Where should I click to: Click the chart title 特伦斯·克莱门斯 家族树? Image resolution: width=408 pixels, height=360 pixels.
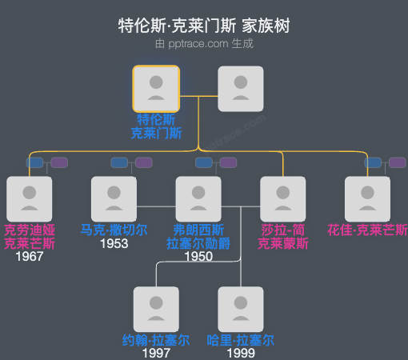204,26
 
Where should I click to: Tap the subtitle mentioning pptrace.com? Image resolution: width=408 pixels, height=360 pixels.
204,44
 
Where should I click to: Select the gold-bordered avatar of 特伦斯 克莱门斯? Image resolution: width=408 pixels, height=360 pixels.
156,88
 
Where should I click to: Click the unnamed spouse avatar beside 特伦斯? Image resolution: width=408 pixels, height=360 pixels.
241,88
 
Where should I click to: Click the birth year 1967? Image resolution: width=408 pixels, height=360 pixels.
30,257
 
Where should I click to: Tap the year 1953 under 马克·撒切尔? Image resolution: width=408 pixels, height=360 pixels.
114,244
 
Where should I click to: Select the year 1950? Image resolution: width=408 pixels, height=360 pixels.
198,257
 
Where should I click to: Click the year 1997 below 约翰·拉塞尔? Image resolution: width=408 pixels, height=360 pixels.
156,353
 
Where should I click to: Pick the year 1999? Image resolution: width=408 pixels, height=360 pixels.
241,353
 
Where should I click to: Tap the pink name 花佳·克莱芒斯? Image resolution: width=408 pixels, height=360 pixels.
367,230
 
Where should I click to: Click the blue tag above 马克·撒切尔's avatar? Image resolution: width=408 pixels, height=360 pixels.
119,162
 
